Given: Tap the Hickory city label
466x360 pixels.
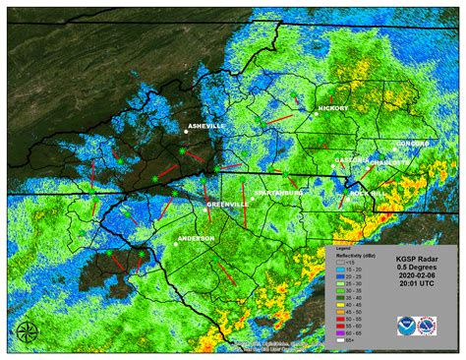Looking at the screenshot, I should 334,108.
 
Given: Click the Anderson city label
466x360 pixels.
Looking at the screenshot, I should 194,237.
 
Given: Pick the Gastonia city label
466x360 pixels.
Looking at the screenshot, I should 351,159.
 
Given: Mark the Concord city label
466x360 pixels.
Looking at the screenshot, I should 414,144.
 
